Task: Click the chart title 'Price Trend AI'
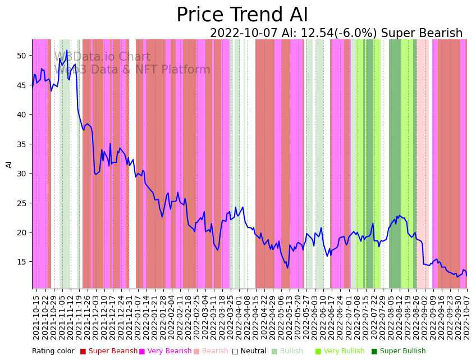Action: [x=242, y=15]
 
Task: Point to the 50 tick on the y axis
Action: [x=21, y=56]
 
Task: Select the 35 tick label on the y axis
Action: [x=21, y=144]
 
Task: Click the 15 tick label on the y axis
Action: [x=21, y=262]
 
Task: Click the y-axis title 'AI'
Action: [x=9, y=164]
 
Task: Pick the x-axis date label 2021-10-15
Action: [x=36, y=317]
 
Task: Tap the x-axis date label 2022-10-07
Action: [x=466, y=317]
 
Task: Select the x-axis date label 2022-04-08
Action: [x=247, y=317]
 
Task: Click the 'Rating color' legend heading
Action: [x=53, y=352]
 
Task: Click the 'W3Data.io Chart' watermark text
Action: [x=102, y=57]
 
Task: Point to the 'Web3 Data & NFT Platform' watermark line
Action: [x=132, y=70]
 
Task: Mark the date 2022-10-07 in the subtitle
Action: [x=244, y=34]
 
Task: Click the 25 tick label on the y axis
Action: [x=21, y=203]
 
